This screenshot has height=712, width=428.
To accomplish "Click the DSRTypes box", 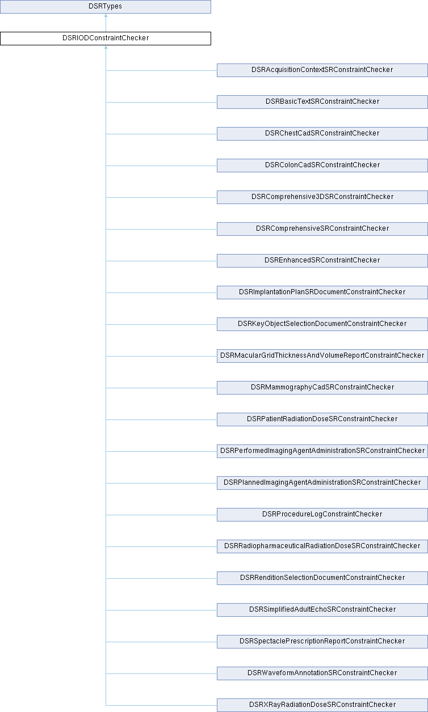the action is pyautogui.click(x=106, y=7).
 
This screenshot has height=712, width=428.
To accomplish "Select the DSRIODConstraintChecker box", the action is pyautogui.click(x=106, y=39).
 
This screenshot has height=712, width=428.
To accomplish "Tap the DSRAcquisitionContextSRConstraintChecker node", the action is pyautogui.click(x=322, y=70).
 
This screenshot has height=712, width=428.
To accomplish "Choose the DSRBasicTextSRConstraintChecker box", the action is pyautogui.click(x=322, y=102).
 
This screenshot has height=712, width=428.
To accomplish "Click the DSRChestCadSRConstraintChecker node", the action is pyautogui.click(x=322, y=134).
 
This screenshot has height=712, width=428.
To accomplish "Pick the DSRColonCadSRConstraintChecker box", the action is pyautogui.click(x=322, y=166).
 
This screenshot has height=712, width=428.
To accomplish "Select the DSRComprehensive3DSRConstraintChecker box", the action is pyautogui.click(x=322, y=197).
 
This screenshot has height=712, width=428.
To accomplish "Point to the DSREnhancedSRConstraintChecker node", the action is pyautogui.click(x=322, y=261).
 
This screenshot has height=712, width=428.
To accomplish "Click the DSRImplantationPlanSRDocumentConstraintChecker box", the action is pyautogui.click(x=322, y=293).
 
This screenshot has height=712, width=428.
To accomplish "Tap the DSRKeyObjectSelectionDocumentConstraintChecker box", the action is pyautogui.click(x=322, y=324).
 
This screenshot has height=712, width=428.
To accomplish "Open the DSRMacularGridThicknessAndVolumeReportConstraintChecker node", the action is pyautogui.click(x=322, y=356).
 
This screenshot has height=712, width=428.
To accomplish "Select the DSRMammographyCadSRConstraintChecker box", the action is pyautogui.click(x=322, y=388).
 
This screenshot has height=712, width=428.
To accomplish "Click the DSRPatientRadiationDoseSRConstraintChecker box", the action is pyautogui.click(x=322, y=419).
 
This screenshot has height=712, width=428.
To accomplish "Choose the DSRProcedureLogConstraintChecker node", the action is pyautogui.click(x=322, y=515).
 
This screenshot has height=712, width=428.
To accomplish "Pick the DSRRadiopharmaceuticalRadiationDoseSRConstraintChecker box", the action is pyautogui.click(x=322, y=546).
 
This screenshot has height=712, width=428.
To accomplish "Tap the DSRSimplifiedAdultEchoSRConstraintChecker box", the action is pyautogui.click(x=322, y=610).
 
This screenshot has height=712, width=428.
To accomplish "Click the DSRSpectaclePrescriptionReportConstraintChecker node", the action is pyautogui.click(x=322, y=642).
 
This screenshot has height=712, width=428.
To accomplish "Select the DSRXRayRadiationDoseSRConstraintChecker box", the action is pyautogui.click(x=322, y=705).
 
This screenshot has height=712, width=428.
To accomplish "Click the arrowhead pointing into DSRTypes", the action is pyautogui.click(x=106, y=15).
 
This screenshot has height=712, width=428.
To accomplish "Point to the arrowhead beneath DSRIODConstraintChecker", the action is pyautogui.click(x=106, y=47).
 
